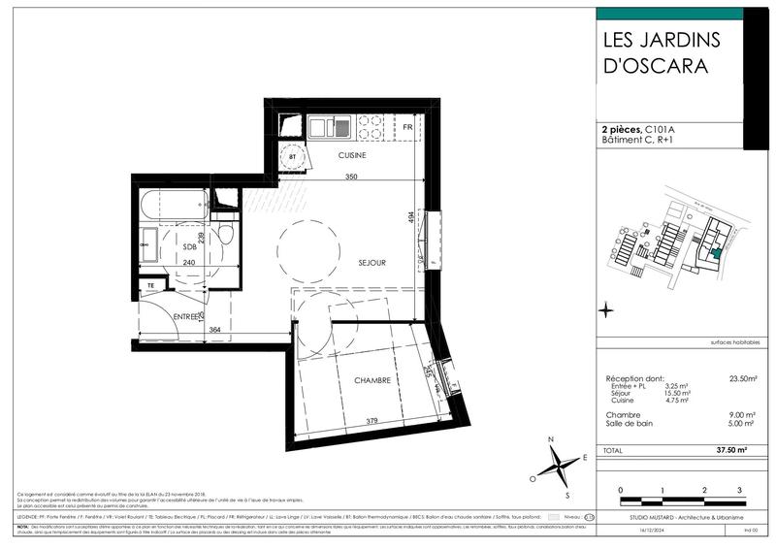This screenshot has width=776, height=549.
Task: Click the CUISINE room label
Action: pos(351,155)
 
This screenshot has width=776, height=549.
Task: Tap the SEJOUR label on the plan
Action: pos(372,263)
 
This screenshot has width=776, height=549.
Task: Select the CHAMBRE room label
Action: pos(372,380)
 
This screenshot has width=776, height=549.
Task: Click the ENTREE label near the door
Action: pos(187,316)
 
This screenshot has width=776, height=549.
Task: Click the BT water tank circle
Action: pos(292,155)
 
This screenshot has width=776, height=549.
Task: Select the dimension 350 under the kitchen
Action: pos(350,178)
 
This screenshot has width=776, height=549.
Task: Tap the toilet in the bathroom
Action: pos(224,236)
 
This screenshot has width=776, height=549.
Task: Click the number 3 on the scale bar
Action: pos(740,491)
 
